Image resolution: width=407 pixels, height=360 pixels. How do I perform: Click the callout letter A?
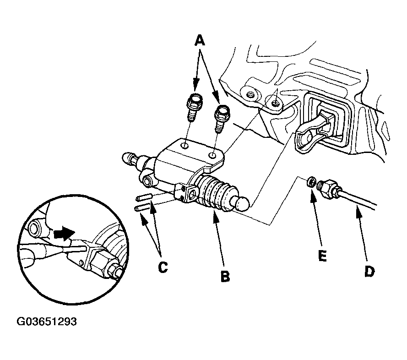200,41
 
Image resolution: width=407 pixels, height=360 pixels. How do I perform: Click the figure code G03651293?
47,322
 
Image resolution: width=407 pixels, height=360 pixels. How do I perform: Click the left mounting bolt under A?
194,107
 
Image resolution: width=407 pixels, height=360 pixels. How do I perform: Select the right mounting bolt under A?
222,119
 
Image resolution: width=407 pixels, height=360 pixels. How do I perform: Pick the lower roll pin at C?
142,207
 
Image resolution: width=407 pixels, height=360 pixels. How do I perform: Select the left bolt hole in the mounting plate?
185,146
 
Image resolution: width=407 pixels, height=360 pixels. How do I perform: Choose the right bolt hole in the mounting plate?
213,156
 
